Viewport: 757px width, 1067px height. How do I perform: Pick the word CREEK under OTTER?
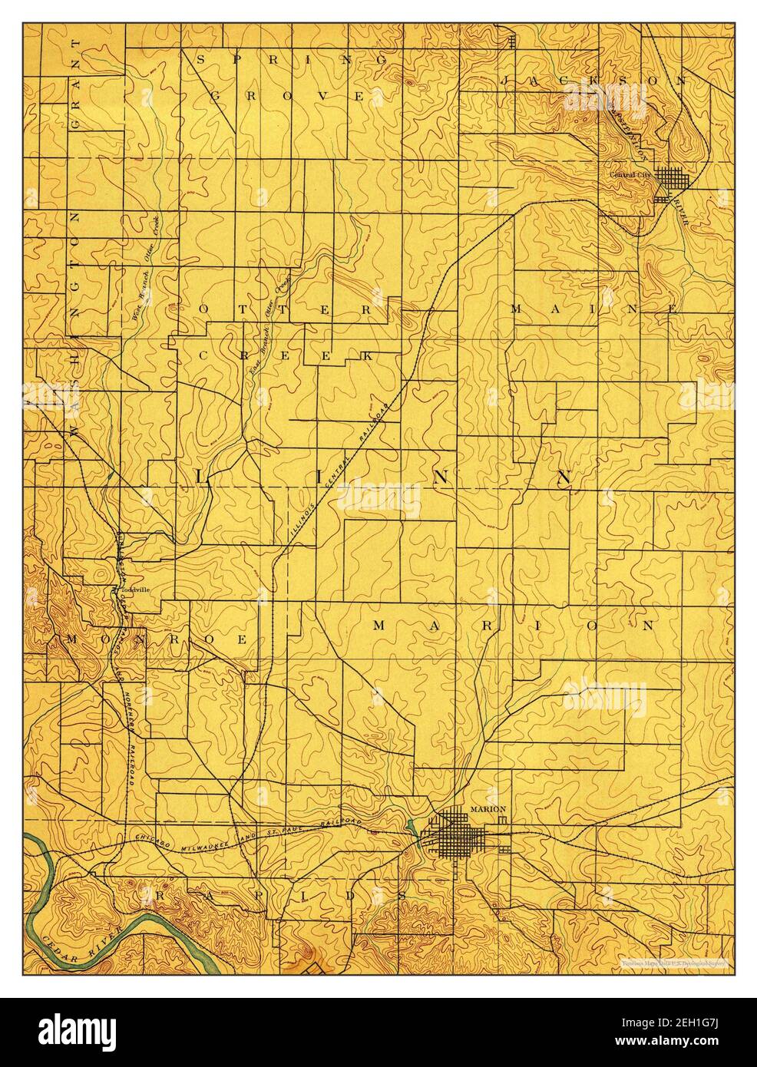click(x=284, y=356)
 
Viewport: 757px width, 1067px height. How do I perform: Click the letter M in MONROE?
click(x=75, y=639)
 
